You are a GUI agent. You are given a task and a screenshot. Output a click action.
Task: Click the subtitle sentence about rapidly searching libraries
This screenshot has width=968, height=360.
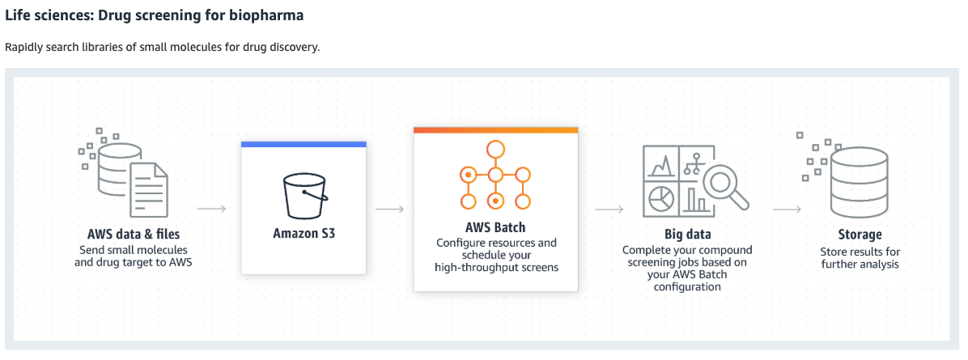[162, 47]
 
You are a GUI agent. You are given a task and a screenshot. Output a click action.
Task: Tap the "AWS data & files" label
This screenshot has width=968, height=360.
[133, 235]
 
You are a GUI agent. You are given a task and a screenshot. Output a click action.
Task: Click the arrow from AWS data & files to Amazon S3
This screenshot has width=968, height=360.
[211, 209]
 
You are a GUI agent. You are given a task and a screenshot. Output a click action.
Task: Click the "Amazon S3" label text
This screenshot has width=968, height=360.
[304, 234]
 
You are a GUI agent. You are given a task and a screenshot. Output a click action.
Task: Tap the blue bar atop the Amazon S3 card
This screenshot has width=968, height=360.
[304, 144]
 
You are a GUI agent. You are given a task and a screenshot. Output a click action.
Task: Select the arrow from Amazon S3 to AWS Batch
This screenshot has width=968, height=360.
[389, 209]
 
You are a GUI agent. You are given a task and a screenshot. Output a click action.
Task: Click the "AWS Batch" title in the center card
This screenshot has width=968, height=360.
[495, 227]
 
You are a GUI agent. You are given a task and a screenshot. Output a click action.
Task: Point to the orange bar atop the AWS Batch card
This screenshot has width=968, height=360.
[495, 129]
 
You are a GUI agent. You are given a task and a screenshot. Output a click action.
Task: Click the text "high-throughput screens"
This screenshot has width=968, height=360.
[495, 268]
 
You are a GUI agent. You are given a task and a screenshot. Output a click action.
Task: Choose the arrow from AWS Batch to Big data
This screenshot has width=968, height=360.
[609, 209]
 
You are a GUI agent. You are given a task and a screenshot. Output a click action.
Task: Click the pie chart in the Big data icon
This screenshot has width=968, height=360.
[662, 197]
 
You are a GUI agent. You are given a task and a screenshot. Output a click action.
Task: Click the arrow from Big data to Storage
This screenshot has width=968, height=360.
[786, 209]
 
